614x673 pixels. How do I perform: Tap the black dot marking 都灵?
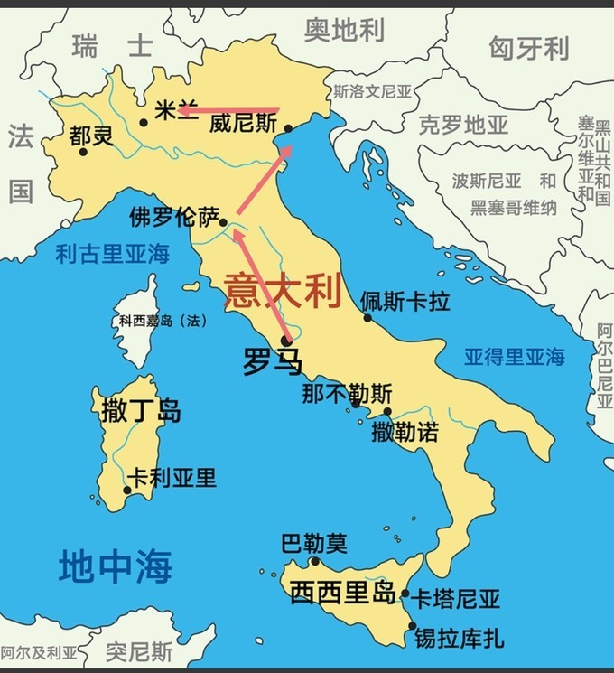(x=83, y=152)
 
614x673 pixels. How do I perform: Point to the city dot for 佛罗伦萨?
(x=223, y=221)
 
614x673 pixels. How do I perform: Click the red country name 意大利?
(x=283, y=291)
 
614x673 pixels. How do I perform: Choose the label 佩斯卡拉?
(x=405, y=301)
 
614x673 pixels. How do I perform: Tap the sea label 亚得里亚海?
(x=515, y=356)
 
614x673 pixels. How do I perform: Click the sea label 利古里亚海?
(x=112, y=254)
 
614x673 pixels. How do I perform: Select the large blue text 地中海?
(x=115, y=567)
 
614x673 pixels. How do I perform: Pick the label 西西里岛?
(x=343, y=594)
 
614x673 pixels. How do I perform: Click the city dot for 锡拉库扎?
(x=413, y=625)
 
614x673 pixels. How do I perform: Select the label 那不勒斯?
(x=347, y=395)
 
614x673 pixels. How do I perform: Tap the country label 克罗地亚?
(x=465, y=126)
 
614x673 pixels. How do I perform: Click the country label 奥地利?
(x=344, y=31)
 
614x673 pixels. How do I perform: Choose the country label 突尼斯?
(x=139, y=650)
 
